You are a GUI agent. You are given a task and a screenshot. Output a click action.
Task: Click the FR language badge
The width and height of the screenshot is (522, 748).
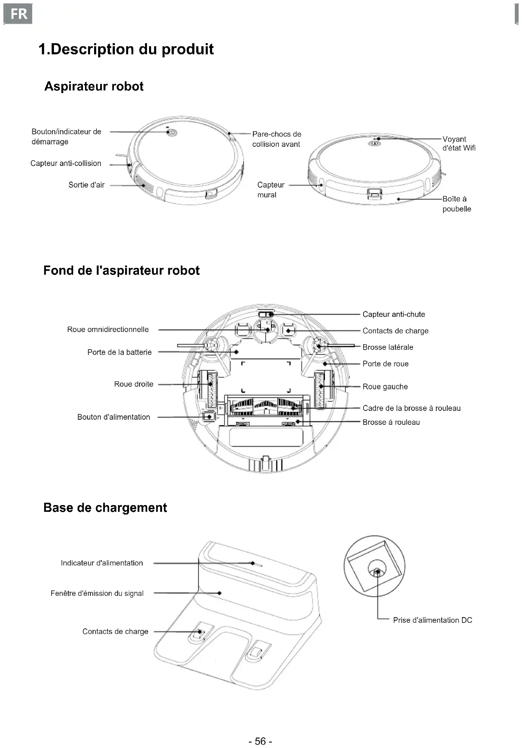tap(18, 14)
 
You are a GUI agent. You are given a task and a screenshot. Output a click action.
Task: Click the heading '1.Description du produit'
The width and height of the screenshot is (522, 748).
tap(126, 49)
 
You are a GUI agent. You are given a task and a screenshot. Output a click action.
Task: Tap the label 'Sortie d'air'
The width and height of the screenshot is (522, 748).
tap(86, 185)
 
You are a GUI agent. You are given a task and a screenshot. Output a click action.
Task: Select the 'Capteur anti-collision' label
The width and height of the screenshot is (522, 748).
tap(66, 163)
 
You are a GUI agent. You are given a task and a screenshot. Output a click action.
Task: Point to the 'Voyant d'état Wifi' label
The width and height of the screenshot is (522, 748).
tap(459, 143)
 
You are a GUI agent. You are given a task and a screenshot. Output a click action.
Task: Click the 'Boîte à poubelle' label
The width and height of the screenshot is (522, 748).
tap(457, 204)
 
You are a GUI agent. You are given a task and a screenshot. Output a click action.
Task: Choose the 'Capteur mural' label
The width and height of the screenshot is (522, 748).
tap(270, 190)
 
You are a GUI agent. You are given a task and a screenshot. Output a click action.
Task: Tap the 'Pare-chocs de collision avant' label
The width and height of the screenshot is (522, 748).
tap(277, 139)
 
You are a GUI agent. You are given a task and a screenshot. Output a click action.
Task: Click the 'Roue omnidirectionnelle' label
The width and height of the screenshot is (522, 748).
tap(108, 329)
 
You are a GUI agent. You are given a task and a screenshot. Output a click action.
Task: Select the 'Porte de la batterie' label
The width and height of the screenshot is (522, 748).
tap(119, 352)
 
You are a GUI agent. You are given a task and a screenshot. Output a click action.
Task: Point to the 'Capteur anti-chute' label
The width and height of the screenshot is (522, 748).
tap(394, 314)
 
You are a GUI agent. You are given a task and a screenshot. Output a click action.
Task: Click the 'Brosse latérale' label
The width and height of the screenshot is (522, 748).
tap(388, 347)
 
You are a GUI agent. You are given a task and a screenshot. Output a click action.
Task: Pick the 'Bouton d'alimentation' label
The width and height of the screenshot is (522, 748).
tap(114, 417)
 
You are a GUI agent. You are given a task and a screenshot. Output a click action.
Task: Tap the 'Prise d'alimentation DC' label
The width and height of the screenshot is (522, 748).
tap(432, 620)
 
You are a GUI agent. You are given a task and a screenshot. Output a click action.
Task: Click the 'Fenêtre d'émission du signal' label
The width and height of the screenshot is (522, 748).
tap(97, 593)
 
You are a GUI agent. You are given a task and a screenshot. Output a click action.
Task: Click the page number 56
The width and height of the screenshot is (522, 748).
tap(260, 741)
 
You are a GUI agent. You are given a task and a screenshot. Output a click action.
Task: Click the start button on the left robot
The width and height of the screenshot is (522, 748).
tap(171, 132)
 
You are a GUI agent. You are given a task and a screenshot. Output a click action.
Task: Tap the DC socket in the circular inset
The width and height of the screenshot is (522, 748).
tap(377, 571)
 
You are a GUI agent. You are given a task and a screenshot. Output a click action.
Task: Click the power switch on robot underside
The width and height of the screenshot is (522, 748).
tap(209, 417)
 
